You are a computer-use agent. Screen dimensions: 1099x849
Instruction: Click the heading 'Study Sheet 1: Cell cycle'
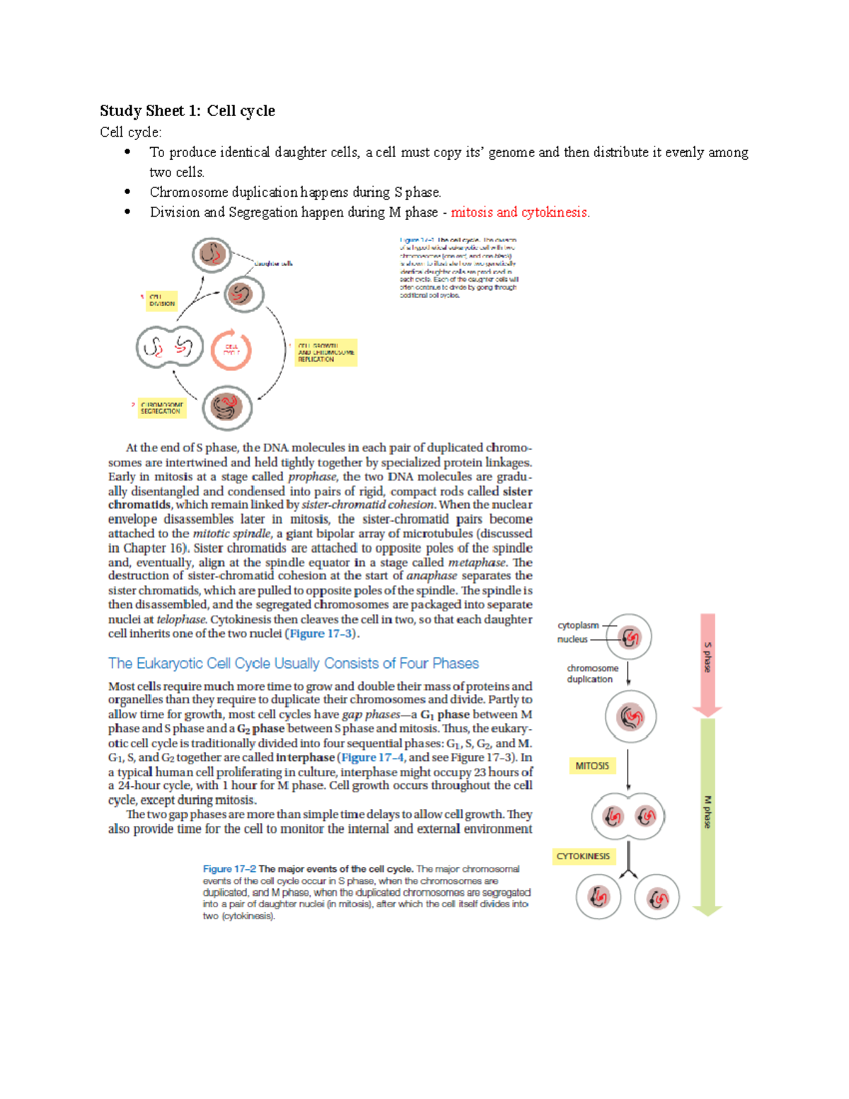187,111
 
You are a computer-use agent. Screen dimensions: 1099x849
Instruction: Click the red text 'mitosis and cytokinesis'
519,212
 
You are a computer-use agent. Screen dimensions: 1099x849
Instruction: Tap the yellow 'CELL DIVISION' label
161,301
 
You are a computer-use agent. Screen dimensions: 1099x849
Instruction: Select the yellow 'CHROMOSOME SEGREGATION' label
161,408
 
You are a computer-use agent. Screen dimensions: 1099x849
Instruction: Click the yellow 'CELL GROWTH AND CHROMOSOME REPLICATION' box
325,352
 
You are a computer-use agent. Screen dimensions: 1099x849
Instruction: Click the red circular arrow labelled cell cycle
231,350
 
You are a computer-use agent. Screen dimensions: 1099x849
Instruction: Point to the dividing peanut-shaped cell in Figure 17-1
170,347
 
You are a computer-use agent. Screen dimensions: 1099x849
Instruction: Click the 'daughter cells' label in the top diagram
274,263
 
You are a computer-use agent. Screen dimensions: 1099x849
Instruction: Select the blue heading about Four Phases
293,664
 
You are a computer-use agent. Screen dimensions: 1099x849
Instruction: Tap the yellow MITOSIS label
592,766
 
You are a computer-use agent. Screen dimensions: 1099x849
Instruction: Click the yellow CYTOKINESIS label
583,856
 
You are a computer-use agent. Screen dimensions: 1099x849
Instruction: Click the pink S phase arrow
707,662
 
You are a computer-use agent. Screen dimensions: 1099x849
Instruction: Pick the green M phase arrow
707,814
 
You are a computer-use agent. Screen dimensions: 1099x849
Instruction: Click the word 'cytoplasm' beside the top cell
577,626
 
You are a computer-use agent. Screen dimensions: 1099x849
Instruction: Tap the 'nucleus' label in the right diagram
572,640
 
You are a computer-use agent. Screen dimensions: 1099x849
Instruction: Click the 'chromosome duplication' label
591,674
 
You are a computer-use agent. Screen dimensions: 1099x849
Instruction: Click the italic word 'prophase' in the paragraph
312,477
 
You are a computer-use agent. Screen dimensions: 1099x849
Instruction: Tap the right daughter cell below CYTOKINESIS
657,897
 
